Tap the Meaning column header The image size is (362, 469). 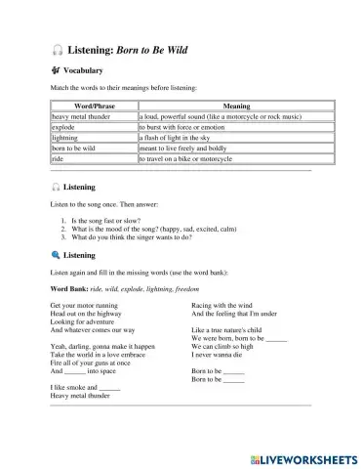[x=223, y=107]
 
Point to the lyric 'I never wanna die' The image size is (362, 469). [x=220, y=355]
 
